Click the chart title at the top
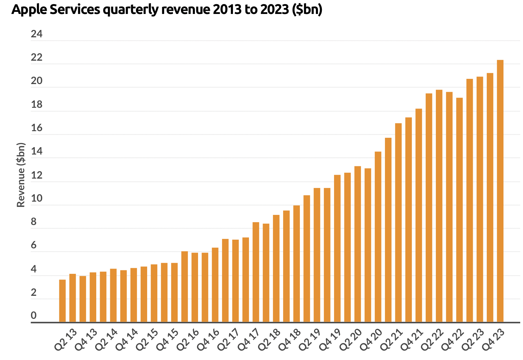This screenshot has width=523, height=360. pos(167,10)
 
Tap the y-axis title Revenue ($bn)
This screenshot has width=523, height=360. pos(21,175)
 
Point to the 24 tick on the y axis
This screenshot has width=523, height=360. pos(37,34)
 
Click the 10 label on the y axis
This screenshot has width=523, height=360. pos(37,198)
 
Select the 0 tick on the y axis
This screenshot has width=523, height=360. pos(33,315)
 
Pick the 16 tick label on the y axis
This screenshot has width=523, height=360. pos(37,128)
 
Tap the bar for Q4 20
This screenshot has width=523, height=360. pos(378,237)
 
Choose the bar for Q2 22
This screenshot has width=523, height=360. pos(439,206)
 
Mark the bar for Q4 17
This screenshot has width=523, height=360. pos(256,272)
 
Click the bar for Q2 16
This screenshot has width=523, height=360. pos(184,286)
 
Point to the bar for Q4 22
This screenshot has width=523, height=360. pos(460,210)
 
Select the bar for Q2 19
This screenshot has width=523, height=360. pos(306,258)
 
